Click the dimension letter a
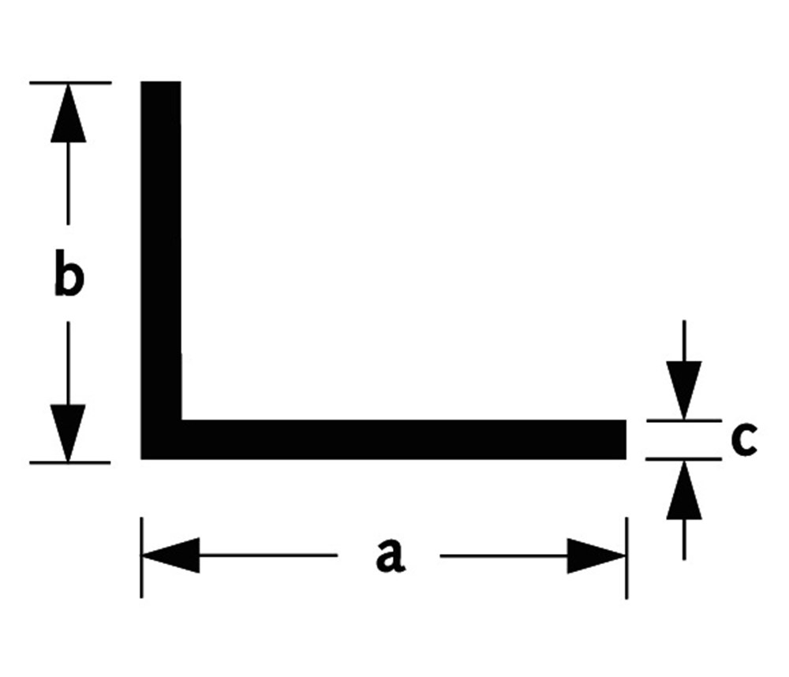pyautogui.click(x=390, y=555)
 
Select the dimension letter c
pyautogui.click(x=743, y=439)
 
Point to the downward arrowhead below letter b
pyautogui.click(x=69, y=432)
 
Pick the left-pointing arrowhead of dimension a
pyautogui.click(x=170, y=556)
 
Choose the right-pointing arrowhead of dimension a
pyautogui.click(x=596, y=556)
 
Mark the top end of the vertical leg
pyautogui.click(x=161, y=84)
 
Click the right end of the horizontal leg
pyautogui.click(x=624, y=439)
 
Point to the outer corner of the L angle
pyautogui.click(x=144, y=456)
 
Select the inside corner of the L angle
pyautogui.click(x=181, y=420)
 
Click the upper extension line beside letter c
pyautogui.click(x=683, y=421)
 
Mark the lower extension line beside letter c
pyautogui.click(x=683, y=458)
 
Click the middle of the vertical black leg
pyautogui.click(x=161, y=252)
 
